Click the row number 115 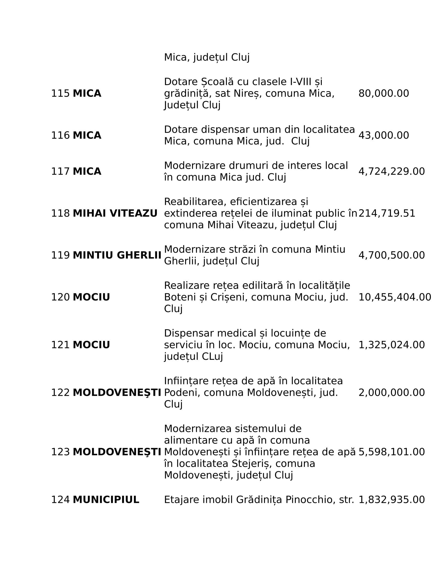60,93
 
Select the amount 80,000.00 384,93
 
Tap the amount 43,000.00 384,136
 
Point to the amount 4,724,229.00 392,172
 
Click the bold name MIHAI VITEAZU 115,213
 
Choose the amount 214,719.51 387,213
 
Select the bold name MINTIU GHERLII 117,255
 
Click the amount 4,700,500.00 392,255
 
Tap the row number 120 60,297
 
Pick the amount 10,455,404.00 395,297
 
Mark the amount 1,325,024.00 392,345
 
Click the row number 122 60,393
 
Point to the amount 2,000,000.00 392,393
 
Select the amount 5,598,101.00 392,452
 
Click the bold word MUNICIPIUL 106,500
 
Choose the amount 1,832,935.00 392,500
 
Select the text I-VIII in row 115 300,82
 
